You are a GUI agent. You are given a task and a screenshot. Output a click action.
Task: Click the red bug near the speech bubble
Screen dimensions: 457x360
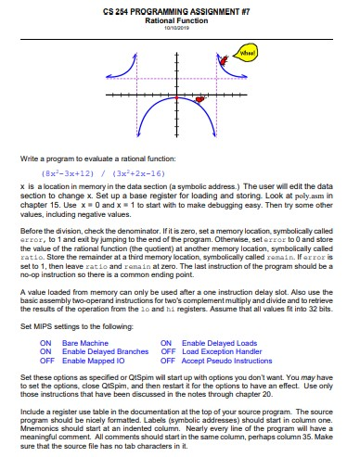pos(224,60)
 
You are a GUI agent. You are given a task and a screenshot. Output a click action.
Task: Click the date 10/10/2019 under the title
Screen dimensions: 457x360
pos(179,27)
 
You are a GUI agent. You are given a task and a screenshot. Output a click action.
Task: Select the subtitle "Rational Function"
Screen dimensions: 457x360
pos(179,19)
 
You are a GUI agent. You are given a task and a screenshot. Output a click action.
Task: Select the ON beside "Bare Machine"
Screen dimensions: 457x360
pos(45,342)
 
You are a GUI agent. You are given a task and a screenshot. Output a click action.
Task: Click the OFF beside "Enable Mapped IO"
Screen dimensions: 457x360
pos(45,360)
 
